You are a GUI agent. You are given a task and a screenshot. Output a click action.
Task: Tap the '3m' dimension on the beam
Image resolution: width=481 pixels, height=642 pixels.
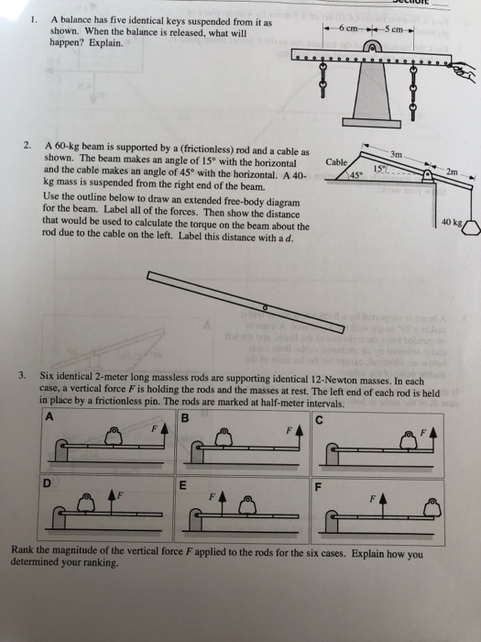pyautogui.click(x=398, y=152)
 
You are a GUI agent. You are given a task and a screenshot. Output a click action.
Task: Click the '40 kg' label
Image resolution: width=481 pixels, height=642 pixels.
pyautogui.click(x=450, y=221)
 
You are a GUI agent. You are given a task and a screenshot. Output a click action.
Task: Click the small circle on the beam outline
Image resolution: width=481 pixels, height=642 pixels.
pyautogui.click(x=265, y=308)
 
